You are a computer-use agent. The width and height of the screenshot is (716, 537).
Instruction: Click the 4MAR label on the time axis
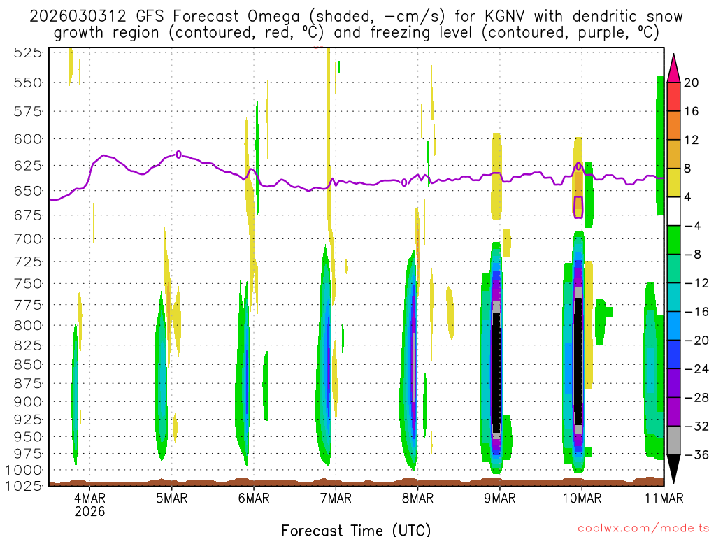click(89, 498)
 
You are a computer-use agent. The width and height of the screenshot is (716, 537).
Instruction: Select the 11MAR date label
click(661, 498)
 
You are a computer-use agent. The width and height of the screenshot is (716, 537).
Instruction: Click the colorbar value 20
click(692, 83)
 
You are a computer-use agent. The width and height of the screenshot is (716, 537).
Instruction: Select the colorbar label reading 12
click(692, 140)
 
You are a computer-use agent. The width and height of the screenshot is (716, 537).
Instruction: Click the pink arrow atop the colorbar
click(673, 67)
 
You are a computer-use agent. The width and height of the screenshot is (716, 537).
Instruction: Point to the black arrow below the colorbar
click(673, 468)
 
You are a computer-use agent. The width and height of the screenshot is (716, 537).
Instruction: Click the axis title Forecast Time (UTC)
click(356, 529)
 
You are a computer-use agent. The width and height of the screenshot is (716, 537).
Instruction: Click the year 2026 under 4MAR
click(89, 511)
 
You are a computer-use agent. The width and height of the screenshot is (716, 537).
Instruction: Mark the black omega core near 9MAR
click(496, 371)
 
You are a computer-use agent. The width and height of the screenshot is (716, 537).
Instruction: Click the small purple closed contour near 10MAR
click(578, 207)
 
